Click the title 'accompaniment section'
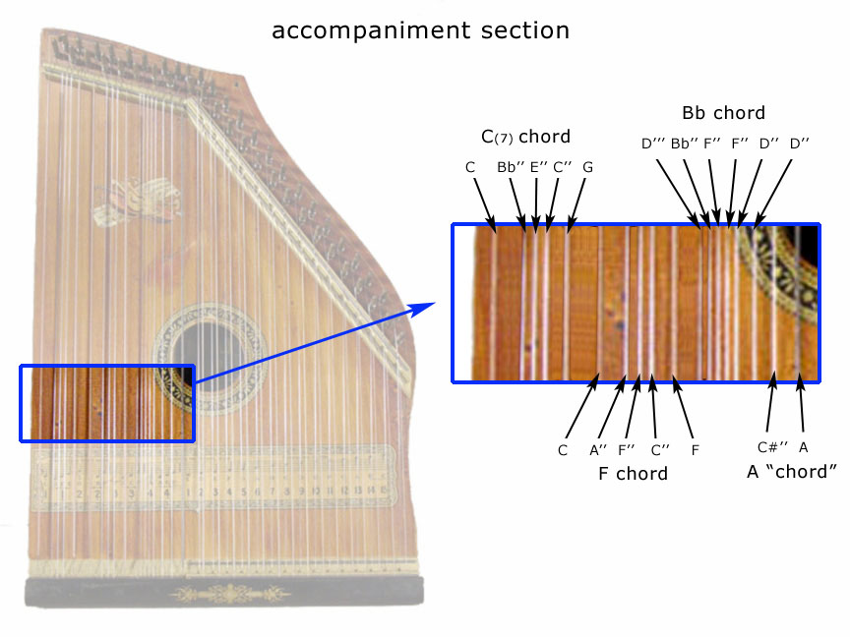click(x=420, y=30)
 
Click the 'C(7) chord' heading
click(x=525, y=136)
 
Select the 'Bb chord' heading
click(x=723, y=113)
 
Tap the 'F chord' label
click(x=634, y=474)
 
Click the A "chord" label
click(x=791, y=472)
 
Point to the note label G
click(x=587, y=167)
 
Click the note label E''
click(x=538, y=167)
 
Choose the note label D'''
click(x=653, y=144)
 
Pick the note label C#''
click(x=769, y=447)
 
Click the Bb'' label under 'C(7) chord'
click(x=511, y=167)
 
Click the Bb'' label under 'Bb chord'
click(x=685, y=144)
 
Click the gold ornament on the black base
click(x=227, y=594)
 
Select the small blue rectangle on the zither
click(x=106, y=403)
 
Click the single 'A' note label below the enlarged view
click(x=804, y=447)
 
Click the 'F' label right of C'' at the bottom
click(x=695, y=450)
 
